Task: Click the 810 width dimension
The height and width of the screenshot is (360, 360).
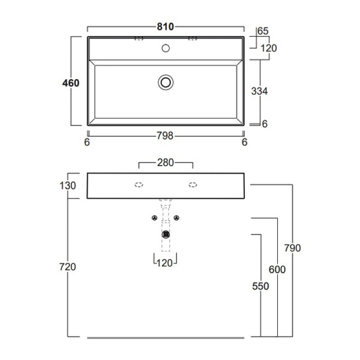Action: click(x=166, y=27)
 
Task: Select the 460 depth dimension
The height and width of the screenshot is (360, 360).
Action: click(x=71, y=83)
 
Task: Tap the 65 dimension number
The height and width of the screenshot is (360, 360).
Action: click(x=263, y=31)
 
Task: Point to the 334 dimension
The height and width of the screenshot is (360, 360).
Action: click(x=259, y=91)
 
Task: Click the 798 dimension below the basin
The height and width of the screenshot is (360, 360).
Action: click(x=165, y=136)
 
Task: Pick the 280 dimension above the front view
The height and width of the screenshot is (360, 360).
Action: click(x=166, y=163)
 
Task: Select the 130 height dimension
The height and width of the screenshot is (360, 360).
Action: click(x=67, y=185)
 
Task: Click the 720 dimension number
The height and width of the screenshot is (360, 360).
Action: click(x=67, y=267)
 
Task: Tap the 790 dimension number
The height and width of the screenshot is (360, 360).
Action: click(x=293, y=248)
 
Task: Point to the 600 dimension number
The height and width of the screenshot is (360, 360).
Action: click(x=277, y=269)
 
